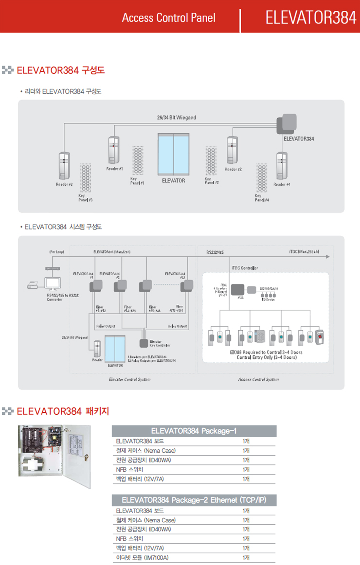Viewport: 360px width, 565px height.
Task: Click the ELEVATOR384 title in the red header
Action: click(x=311, y=18)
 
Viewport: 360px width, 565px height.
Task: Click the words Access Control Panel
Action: click(x=168, y=18)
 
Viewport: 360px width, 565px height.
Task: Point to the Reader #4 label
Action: click(x=282, y=185)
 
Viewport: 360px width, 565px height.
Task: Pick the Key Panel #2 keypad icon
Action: click(x=211, y=160)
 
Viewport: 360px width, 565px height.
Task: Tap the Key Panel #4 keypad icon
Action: click(x=262, y=179)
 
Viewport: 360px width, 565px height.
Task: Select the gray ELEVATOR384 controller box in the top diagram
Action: click(x=286, y=124)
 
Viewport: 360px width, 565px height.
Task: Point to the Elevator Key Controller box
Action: click(x=144, y=343)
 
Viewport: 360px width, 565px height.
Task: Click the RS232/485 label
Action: click(x=215, y=252)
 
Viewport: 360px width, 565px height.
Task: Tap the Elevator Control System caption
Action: click(x=129, y=379)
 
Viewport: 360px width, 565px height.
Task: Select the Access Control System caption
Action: click(x=258, y=379)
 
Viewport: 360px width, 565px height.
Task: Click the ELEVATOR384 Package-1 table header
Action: click(x=194, y=431)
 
